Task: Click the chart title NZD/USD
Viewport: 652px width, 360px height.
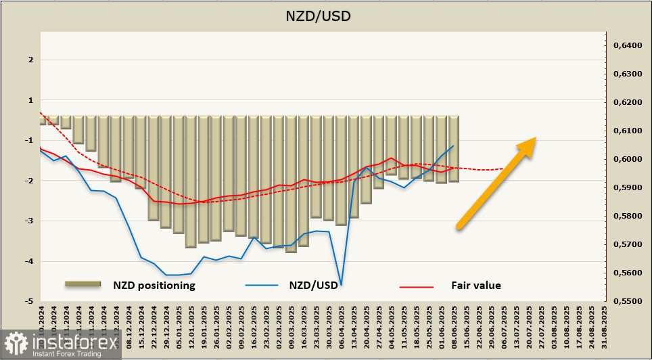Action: click(x=326, y=15)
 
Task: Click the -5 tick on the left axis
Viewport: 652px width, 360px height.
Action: click(x=30, y=301)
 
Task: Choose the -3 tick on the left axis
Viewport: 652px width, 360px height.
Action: click(x=30, y=221)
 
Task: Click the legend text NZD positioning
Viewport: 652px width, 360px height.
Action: click(x=154, y=286)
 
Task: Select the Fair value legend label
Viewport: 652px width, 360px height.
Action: click(x=476, y=286)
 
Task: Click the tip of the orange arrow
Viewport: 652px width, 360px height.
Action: click(x=536, y=139)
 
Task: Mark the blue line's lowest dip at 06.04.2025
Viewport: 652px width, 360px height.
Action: click(x=341, y=285)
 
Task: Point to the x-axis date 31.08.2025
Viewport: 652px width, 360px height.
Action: click(x=605, y=328)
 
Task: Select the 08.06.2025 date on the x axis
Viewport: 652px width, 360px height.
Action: click(x=454, y=328)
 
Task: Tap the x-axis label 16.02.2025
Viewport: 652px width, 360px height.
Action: click(x=254, y=328)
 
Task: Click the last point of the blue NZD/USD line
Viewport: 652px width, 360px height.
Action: click(x=453, y=145)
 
